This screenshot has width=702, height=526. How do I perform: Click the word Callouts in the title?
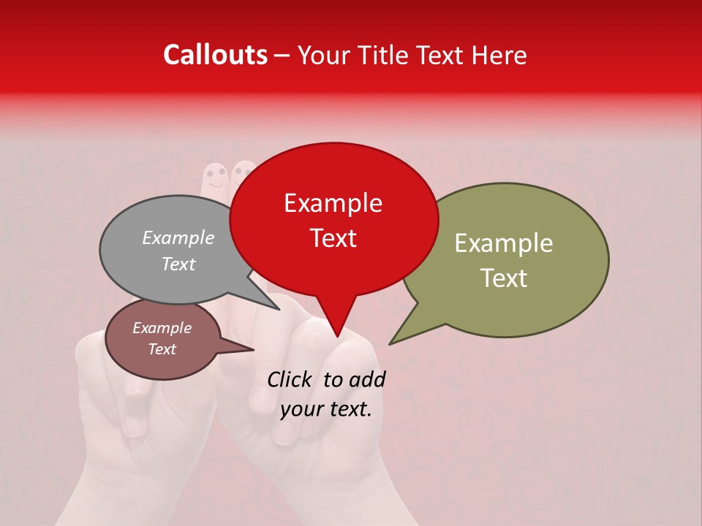click(x=215, y=55)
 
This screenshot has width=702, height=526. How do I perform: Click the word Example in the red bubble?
click(x=333, y=203)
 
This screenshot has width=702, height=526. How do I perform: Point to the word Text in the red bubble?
click(x=333, y=238)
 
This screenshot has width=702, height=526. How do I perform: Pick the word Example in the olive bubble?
click(x=504, y=243)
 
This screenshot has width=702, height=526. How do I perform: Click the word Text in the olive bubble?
click(x=504, y=278)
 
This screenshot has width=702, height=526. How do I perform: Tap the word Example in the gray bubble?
click(x=178, y=237)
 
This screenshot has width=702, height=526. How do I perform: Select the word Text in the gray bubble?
click(x=178, y=264)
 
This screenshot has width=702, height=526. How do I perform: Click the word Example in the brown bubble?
click(x=162, y=328)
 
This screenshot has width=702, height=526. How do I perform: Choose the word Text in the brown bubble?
click(x=162, y=349)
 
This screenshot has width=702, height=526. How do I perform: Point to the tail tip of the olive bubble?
click(x=390, y=343)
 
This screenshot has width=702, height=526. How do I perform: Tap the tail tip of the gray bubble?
click(x=279, y=309)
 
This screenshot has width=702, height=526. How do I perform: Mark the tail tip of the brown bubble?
click(x=253, y=350)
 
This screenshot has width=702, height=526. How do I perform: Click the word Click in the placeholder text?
click(x=290, y=379)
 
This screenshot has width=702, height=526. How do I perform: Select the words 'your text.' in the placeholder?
click(x=326, y=409)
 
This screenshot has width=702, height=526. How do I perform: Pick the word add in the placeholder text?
click(x=368, y=379)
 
